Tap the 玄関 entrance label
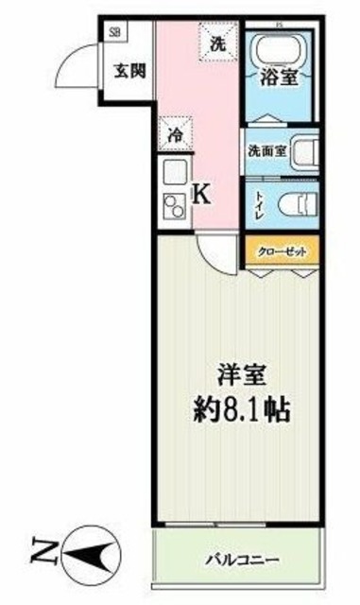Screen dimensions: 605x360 [129, 70]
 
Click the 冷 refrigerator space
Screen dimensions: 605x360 [175, 133]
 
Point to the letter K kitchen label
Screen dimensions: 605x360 [201, 194]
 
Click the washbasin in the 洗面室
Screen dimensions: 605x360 [304, 151]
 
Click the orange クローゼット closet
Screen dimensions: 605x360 [283, 251]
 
